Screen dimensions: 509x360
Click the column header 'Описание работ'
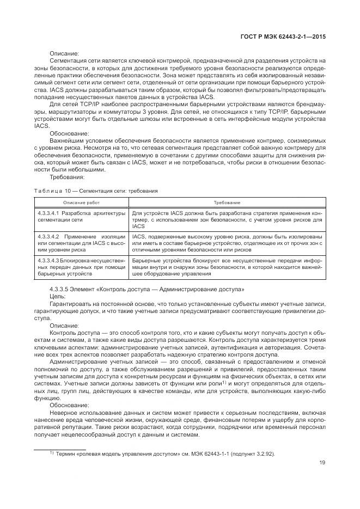81,202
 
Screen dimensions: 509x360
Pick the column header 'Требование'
227,202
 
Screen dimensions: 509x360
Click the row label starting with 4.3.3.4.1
82,216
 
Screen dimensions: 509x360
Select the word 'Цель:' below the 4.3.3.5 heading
57,296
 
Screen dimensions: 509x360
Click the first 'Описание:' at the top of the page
64,53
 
